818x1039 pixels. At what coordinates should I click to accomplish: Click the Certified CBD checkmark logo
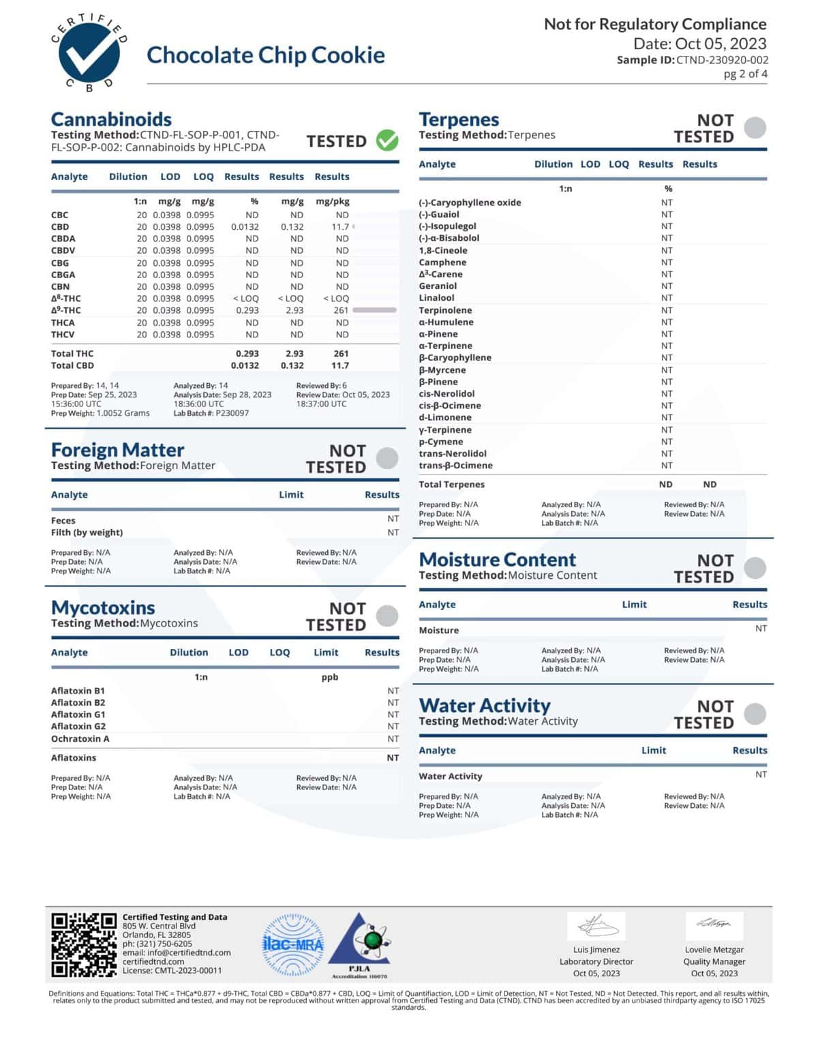click(89, 53)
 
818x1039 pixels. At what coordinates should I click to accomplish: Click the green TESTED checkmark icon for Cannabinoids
click(387, 140)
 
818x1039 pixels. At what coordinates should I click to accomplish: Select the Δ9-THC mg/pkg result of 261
click(341, 310)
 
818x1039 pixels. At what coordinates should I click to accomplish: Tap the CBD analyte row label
click(60, 227)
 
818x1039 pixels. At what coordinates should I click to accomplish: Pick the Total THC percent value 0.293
click(247, 354)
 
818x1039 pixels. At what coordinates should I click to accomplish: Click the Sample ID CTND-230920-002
click(722, 60)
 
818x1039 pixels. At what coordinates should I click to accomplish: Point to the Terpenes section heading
click(459, 119)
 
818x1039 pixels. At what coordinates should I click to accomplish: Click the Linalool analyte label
click(436, 298)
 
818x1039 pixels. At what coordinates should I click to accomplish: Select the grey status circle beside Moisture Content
click(755, 568)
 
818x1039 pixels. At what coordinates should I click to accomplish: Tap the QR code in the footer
click(84, 944)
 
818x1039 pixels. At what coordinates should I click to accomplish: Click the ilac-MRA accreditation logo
click(293, 944)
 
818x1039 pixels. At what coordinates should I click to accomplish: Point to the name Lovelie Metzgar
click(714, 950)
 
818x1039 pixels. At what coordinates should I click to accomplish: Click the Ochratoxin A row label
click(80, 739)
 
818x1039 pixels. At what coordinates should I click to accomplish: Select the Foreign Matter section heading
click(117, 450)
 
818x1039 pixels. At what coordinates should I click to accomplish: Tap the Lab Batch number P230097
click(232, 413)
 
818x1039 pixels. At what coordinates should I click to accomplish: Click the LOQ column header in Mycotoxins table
click(279, 652)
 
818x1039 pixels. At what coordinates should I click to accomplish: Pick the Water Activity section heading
click(485, 706)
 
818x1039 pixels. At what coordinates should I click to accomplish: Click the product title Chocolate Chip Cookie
click(266, 55)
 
